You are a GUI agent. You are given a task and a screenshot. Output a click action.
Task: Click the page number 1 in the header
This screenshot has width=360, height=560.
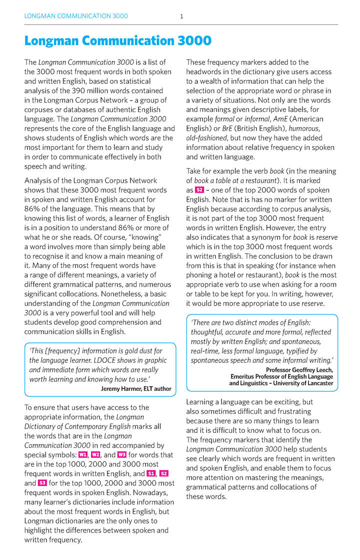(181, 16)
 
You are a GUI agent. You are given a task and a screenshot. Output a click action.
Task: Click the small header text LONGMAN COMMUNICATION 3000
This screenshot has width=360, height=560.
(76, 16)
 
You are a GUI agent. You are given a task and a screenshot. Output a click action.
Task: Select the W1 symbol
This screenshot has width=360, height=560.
(83, 454)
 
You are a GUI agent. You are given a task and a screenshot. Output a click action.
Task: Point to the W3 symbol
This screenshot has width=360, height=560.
(121, 454)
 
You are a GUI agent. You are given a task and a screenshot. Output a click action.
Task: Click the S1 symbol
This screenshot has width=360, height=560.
(151, 473)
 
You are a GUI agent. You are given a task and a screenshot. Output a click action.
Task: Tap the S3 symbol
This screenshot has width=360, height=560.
(42, 483)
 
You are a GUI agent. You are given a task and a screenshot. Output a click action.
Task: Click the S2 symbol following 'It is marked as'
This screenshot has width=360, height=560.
(199, 190)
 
